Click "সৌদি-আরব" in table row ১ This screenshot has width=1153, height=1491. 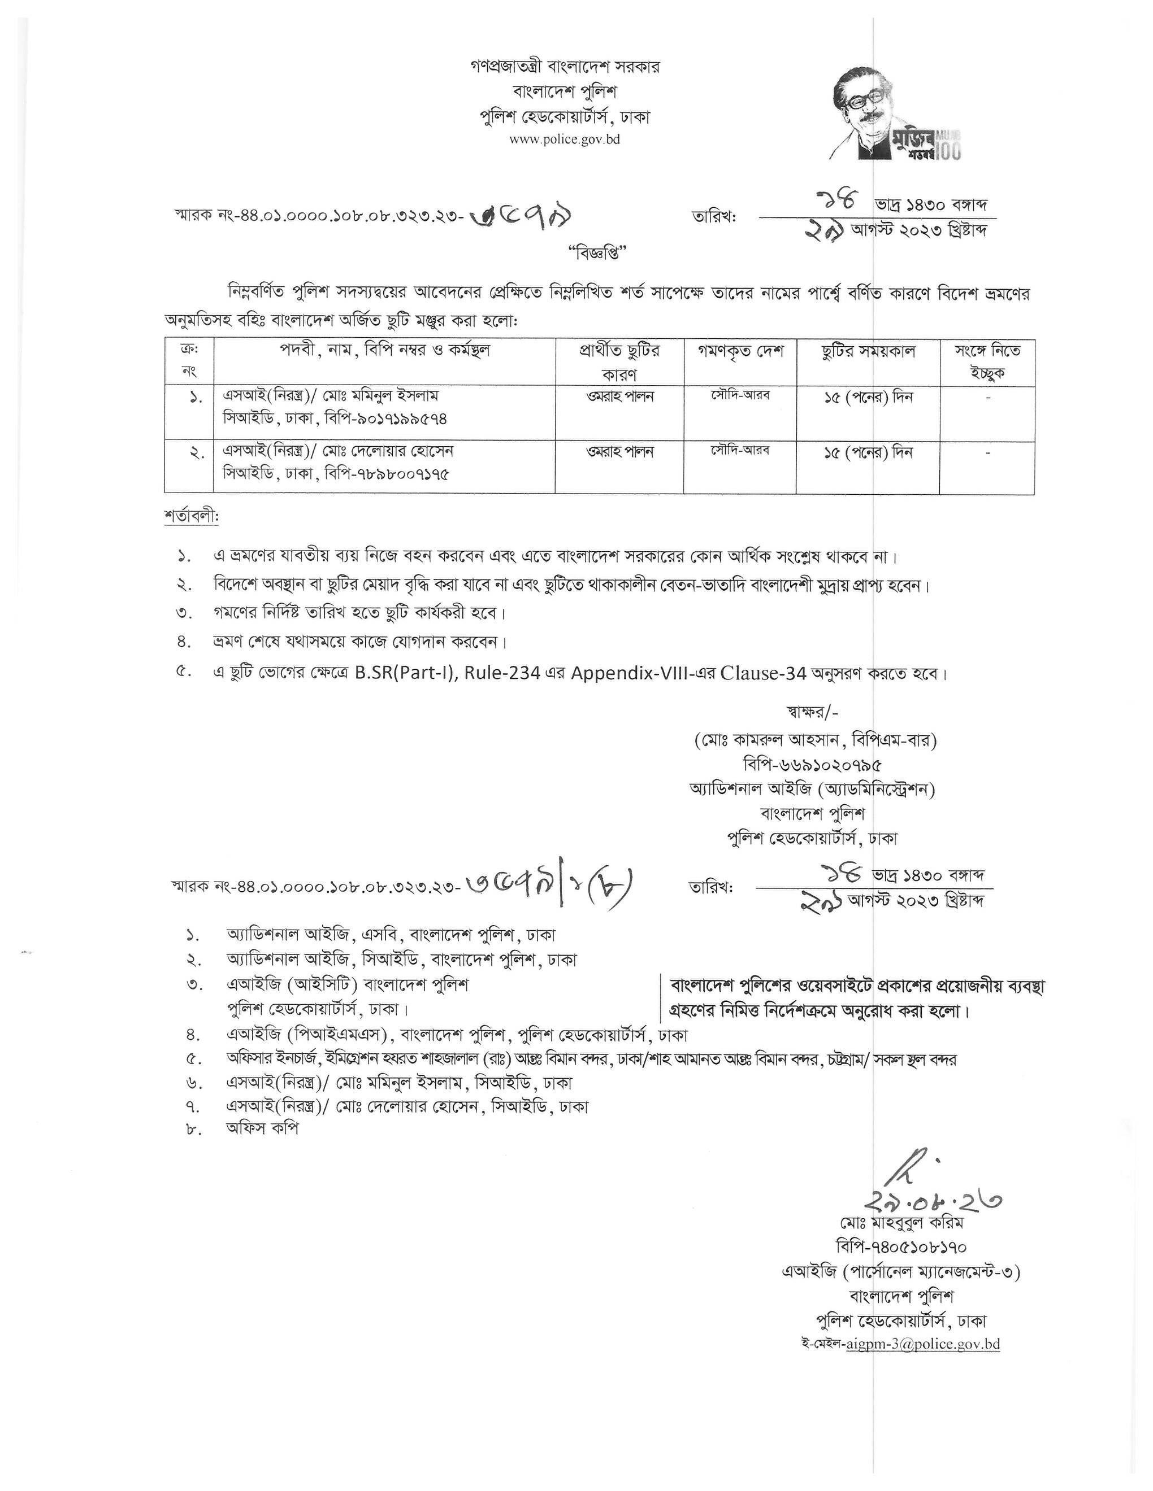tap(740, 395)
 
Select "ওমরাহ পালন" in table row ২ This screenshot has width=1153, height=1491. tap(619, 452)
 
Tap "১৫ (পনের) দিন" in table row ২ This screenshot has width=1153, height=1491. tap(868, 452)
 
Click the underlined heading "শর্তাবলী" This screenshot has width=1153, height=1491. tap(191, 516)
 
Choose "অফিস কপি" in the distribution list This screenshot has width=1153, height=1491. tap(263, 1128)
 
